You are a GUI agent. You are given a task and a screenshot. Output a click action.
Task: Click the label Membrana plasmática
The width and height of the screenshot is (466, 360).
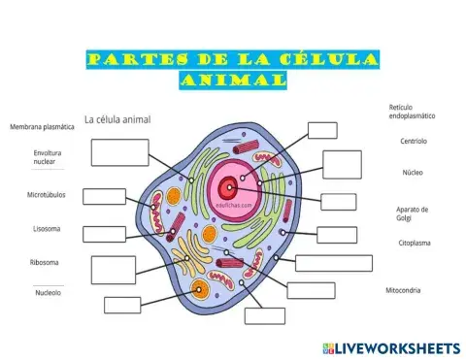[x=42, y=127]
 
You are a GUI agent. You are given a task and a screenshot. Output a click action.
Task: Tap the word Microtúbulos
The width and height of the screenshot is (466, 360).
[x=46, y=195]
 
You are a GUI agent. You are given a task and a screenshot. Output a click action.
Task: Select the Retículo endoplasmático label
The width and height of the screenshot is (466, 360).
[x=412, y=111]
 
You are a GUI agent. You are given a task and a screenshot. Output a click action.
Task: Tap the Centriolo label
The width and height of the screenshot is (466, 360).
[x=414, y=141]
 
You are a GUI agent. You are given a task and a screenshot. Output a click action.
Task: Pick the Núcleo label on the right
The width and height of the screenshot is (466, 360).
[x=413, y=173]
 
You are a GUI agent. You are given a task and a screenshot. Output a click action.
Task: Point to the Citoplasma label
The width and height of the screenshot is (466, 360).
[x=415, y=243]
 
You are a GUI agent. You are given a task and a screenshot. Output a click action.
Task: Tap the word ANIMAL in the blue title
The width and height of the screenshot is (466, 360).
[x=233, y=81]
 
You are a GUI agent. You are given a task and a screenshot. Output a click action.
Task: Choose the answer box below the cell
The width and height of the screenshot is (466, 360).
[x=265, y=315]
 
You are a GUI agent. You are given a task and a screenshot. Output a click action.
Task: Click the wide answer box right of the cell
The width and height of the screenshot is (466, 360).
[x=333, y=262]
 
